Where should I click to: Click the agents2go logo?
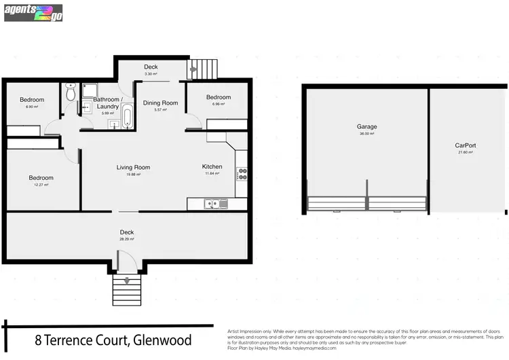click(x=33, y=12)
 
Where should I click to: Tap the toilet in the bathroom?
click(x=71, y=96)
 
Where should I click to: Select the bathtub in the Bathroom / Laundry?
click(x=127, y=115)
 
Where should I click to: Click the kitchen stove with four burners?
click(x=241, y=173)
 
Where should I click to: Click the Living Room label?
click(x=133, y=167)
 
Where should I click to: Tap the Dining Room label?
click(x=160, y=103)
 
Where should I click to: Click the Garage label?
click(x=367, y=126)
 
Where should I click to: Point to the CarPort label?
click(x=465, y=145)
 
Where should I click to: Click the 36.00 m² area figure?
click(x=367, y=134)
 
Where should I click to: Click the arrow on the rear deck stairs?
click(x=195, y=67)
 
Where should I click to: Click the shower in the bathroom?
click(x=89, y=90)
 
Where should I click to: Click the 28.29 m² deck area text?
click(x=127, y=239)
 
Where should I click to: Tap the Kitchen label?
click(x=212, y=166)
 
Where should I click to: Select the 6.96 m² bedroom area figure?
click(x=218, y=104)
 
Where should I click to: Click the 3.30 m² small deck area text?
click(x=151, y=73)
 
